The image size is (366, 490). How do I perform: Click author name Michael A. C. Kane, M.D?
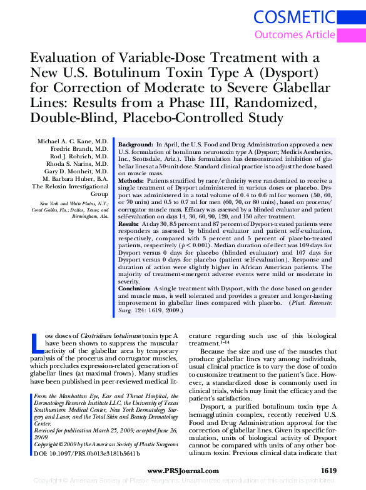[74, 142]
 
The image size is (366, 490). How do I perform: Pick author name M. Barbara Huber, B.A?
[75, 178]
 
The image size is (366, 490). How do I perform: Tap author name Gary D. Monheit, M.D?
[76, 171]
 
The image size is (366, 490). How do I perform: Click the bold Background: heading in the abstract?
[136, 144]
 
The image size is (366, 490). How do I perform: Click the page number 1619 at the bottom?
[329, 469]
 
